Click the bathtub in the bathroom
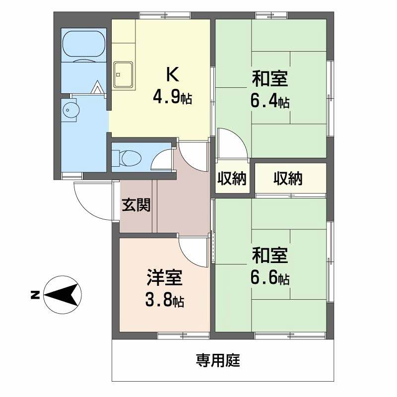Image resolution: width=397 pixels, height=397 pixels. point(83,45)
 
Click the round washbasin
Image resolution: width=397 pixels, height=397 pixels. point(70,110)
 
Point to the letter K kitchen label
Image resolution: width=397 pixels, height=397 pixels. point(172,74)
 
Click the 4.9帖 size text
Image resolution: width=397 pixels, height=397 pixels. point(172,97)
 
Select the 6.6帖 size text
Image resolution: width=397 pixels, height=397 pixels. point(270,278)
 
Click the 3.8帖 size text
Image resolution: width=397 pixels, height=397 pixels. point(165,300)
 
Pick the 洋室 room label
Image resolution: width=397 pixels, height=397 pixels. point(165,277)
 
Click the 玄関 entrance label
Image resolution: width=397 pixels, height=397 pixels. point(136,205)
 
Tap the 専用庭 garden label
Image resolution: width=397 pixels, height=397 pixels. point(218,360)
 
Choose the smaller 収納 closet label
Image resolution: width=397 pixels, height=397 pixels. point(232,179)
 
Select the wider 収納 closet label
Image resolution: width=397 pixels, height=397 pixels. point(288,179)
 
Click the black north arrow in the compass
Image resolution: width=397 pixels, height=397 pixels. point(62,295)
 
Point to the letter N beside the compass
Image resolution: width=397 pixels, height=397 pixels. point(35,295)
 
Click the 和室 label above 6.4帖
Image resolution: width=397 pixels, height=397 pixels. point(270,79)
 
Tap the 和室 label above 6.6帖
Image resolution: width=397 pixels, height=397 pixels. point(270,255)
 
